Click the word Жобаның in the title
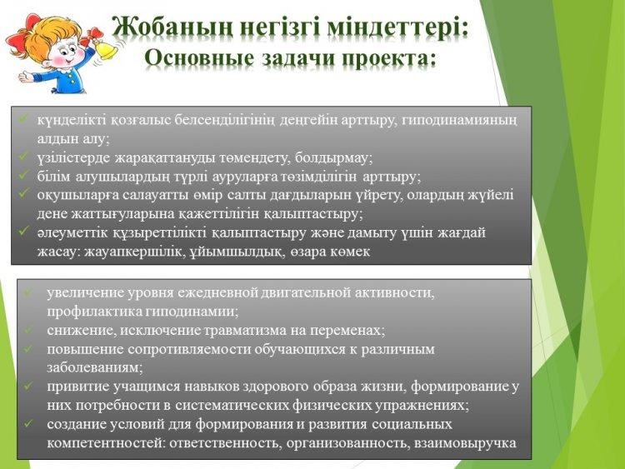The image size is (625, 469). [x=172, y=28]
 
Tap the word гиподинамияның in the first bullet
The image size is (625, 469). [x=459, y=120]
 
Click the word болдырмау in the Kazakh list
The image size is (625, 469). [x=333, y=157]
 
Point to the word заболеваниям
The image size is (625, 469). [x=94, y=367]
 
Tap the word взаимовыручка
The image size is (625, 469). [x=465, y=443]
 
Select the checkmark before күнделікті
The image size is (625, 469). [x=23, y=118]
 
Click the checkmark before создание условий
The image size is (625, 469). [x=27, y=423]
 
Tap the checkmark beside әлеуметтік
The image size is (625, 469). [x=23, y=231]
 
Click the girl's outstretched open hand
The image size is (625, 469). [x=27, y=75]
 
